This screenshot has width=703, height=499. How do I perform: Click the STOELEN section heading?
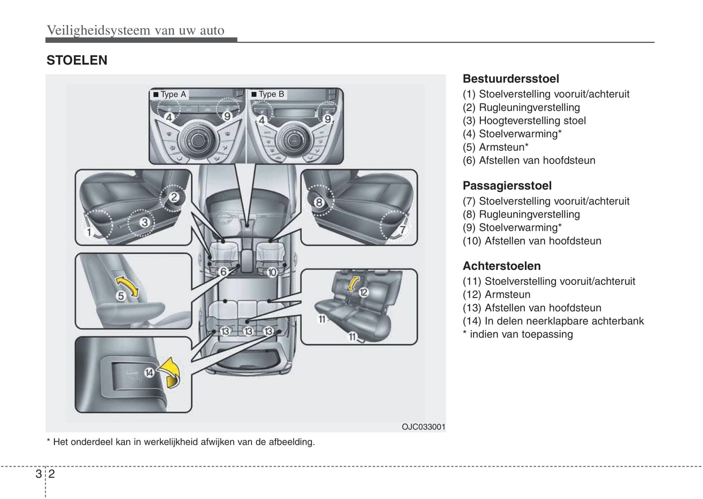77,60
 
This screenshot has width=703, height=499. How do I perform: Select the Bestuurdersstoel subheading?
510,79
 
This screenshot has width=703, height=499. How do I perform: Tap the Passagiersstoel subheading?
507,186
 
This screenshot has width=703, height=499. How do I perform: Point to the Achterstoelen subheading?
502,266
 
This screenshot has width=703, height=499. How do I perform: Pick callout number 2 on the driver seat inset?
174,197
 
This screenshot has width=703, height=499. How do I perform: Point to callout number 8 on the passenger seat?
319,202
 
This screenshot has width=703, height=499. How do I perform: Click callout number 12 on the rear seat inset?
363,292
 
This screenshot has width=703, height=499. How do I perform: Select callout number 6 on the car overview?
223,272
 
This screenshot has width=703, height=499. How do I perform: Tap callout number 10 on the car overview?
271,272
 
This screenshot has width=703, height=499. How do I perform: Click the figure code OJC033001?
423,427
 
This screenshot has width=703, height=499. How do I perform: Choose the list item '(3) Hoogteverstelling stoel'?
524,121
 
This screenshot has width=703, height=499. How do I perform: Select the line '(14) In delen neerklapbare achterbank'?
553,321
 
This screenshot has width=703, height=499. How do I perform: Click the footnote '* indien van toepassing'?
518,334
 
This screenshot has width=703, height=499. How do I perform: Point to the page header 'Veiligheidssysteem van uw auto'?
135,30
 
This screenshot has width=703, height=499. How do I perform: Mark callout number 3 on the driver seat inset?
144,223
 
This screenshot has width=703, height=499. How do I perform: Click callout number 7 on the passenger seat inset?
402,230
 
